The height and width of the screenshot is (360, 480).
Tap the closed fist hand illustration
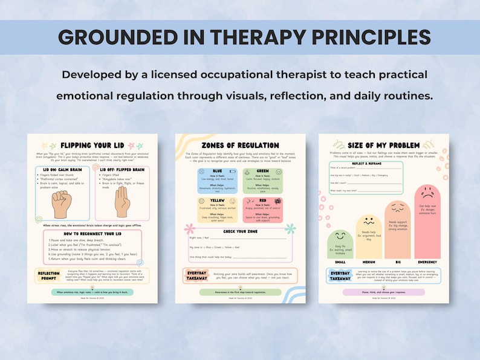tap(62, 204)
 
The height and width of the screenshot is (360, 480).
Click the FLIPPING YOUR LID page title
tap(92, 146)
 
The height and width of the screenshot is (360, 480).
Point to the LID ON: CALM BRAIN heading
tap(62, 170)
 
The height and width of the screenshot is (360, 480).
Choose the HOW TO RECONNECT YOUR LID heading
tap(92, 233)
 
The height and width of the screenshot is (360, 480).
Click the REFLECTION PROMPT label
tap(48, 275)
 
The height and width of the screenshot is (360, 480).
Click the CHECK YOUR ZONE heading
tap(240, 232)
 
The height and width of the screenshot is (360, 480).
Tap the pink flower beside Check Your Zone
tap(189, 230)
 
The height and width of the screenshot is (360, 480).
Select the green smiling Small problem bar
tap(340, 243)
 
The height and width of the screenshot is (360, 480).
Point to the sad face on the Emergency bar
tap(427, 195)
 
